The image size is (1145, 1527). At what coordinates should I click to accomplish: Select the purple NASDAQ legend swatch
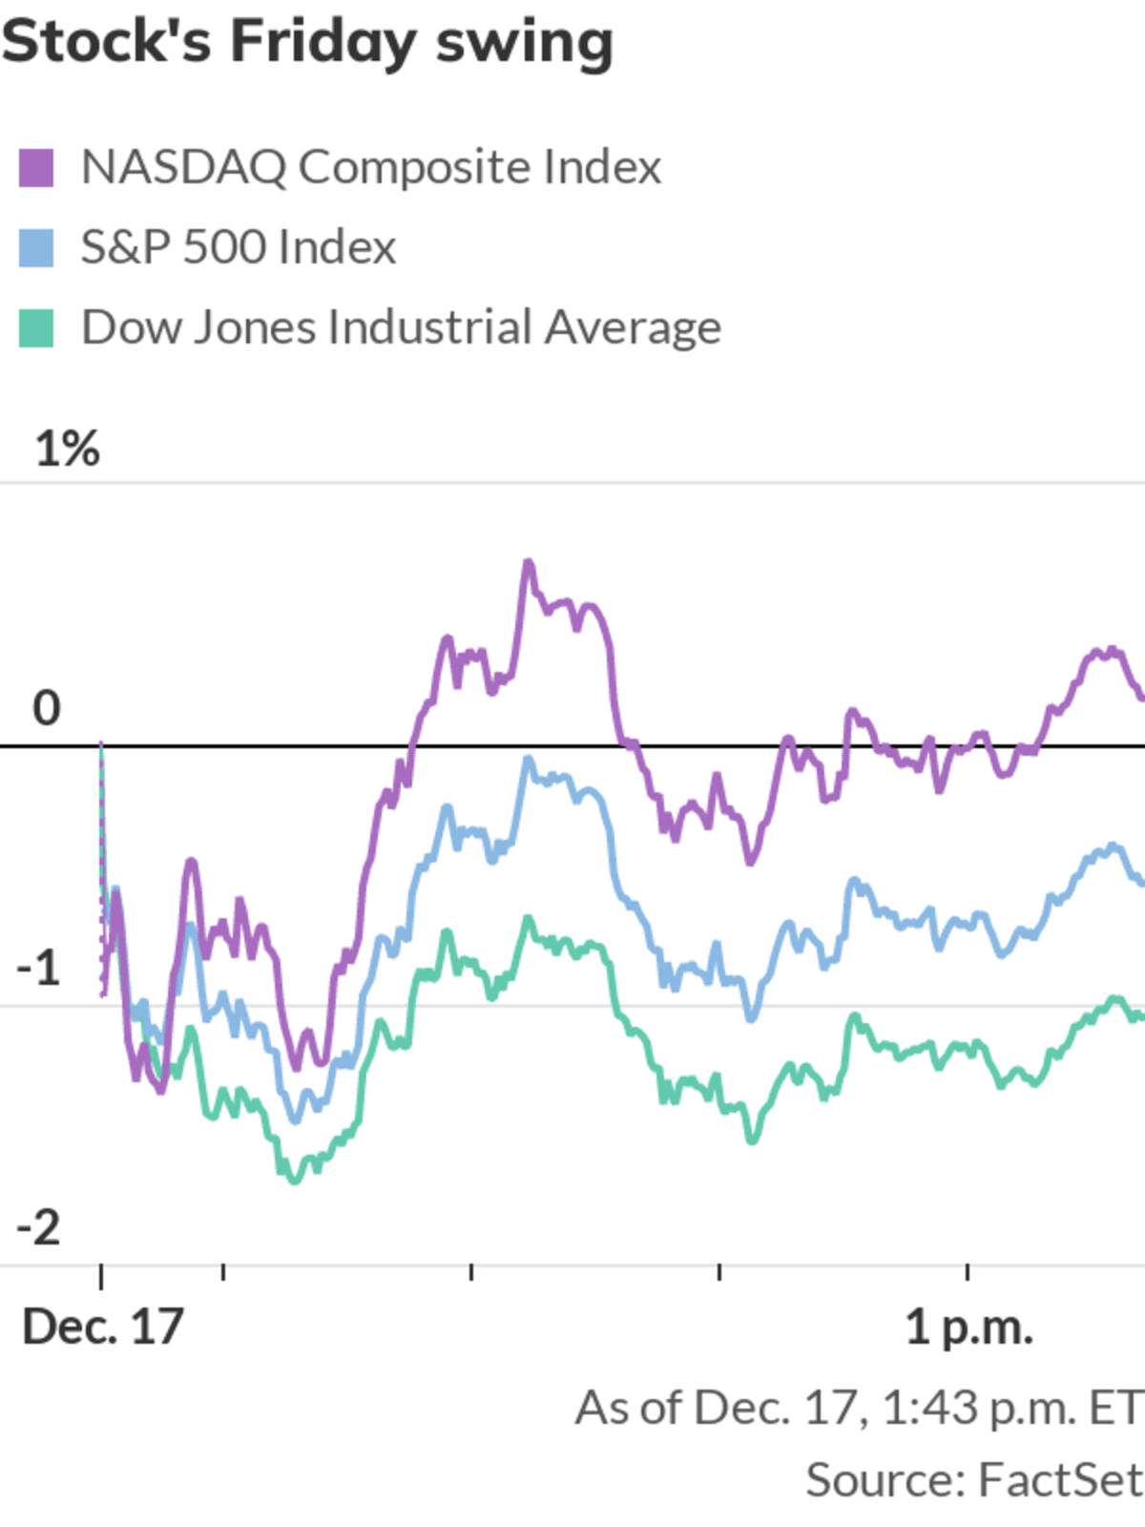(x=36, y=168)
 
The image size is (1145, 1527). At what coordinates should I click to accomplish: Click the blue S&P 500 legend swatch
(x=36, y=248)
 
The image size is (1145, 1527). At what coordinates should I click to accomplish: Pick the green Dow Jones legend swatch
(x=36, y=328)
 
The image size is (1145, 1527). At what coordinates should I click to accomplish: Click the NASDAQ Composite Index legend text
(x=370, y=168)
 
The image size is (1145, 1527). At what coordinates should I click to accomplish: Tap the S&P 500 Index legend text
(x=238, y=248)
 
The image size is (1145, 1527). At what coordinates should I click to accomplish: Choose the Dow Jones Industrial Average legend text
(x=401, y=328)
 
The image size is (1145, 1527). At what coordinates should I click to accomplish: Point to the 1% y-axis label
(x=67, y=449)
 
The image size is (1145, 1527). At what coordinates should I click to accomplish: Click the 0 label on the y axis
(x=46, y=708)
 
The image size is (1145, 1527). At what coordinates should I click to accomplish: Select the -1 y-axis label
(x=39, y=968)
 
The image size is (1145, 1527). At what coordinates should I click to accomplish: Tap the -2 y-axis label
(x=39, y=1227)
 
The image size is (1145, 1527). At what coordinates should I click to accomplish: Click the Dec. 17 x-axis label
(x=102, y=1328)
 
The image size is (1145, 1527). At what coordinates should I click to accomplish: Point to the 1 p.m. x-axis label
(x=968, y=1328)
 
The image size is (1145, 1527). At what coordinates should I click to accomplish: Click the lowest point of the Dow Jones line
(x=294, y=1181)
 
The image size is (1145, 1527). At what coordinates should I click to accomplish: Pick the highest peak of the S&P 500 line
(x=528, y=760)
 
